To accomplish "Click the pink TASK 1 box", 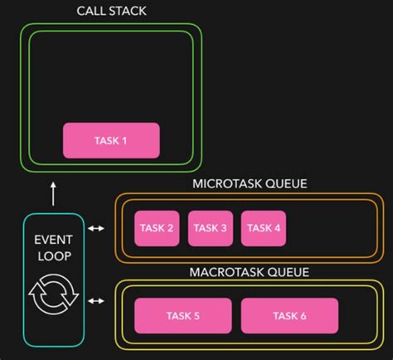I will [111, 140].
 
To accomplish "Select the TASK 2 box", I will [158, 228].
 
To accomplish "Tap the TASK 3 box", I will [211, 228].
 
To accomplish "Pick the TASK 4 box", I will [264, 228].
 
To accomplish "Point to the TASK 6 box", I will [289, 316].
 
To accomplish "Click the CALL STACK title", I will [113, 12].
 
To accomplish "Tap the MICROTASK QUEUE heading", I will [250, 183].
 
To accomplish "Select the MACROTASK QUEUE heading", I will [250, 272].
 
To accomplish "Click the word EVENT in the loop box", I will [53, 240].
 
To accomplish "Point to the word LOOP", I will [53, 255].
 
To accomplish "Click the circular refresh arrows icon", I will [53, 294].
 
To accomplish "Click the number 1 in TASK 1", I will [124, 140].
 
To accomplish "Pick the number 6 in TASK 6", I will [303, 316].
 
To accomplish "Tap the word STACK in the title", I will [133, 12].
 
